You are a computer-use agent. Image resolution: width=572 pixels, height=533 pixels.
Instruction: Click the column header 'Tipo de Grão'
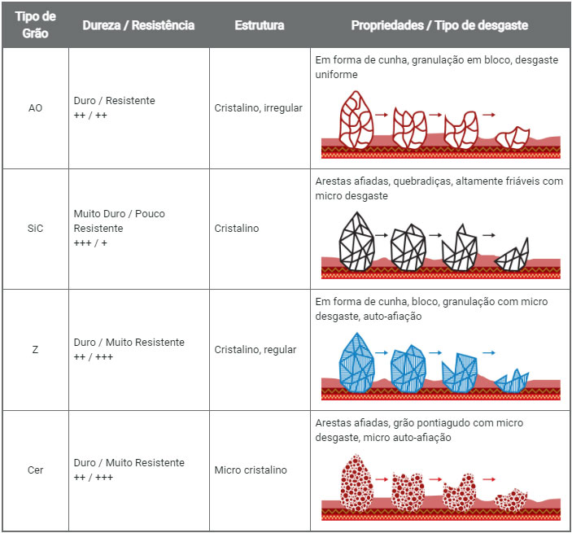35,25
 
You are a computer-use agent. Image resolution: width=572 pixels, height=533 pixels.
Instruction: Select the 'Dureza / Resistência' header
138,25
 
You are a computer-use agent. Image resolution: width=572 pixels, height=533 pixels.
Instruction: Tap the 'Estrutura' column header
260,25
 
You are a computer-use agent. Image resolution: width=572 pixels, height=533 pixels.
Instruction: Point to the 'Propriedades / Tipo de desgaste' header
439,25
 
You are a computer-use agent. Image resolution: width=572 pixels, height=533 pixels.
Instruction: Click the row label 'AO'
35,107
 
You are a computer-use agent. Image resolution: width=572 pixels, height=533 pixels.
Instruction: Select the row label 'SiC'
35,229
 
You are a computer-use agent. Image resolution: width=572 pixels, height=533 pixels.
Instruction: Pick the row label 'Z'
35,350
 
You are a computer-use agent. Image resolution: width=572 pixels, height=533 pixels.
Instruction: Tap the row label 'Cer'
35,470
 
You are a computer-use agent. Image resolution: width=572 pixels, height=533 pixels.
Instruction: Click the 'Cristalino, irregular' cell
259,107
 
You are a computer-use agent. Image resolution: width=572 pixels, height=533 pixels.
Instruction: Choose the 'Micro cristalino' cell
251,470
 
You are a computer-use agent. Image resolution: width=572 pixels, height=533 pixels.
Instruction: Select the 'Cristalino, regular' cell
255,350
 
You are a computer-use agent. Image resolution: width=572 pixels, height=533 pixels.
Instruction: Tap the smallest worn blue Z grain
513,379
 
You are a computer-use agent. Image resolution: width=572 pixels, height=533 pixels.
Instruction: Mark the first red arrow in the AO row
381,116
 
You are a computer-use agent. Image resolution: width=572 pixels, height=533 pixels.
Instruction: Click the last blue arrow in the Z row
489,354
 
